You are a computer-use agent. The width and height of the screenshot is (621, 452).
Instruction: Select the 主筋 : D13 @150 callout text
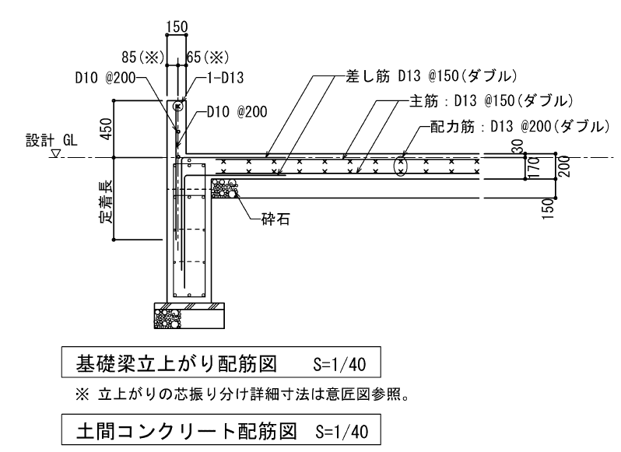tap(491, 101)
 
